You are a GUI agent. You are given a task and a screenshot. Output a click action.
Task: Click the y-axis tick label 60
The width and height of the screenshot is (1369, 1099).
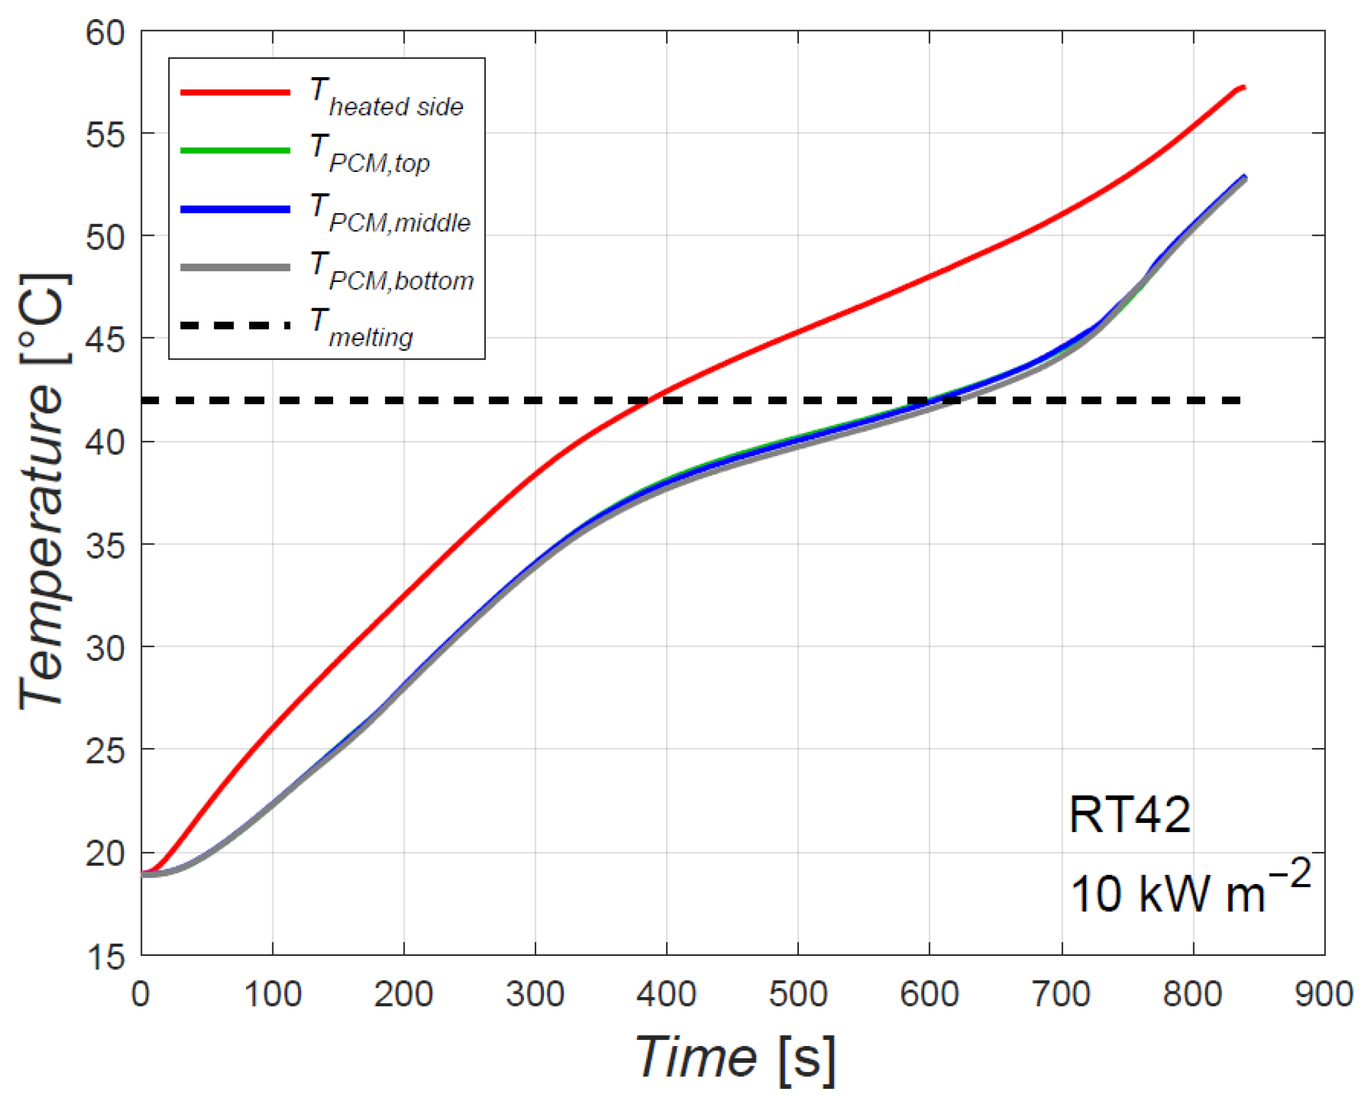point(106,33)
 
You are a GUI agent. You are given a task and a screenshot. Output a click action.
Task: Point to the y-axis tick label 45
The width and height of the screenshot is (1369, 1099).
point(106,340)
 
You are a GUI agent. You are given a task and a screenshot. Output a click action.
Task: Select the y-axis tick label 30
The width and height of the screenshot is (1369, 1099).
point(106,649)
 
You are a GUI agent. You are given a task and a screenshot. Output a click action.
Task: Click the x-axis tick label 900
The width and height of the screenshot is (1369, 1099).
point(1324,994)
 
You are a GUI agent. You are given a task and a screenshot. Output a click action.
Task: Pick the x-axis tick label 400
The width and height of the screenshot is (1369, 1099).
point(666,994)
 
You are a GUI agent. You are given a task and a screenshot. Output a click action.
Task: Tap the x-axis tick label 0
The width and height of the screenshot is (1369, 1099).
point(141,994)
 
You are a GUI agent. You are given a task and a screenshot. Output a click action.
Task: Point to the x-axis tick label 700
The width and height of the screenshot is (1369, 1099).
point(1061,994)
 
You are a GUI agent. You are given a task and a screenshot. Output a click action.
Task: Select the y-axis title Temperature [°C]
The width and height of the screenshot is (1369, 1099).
point(43,492)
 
